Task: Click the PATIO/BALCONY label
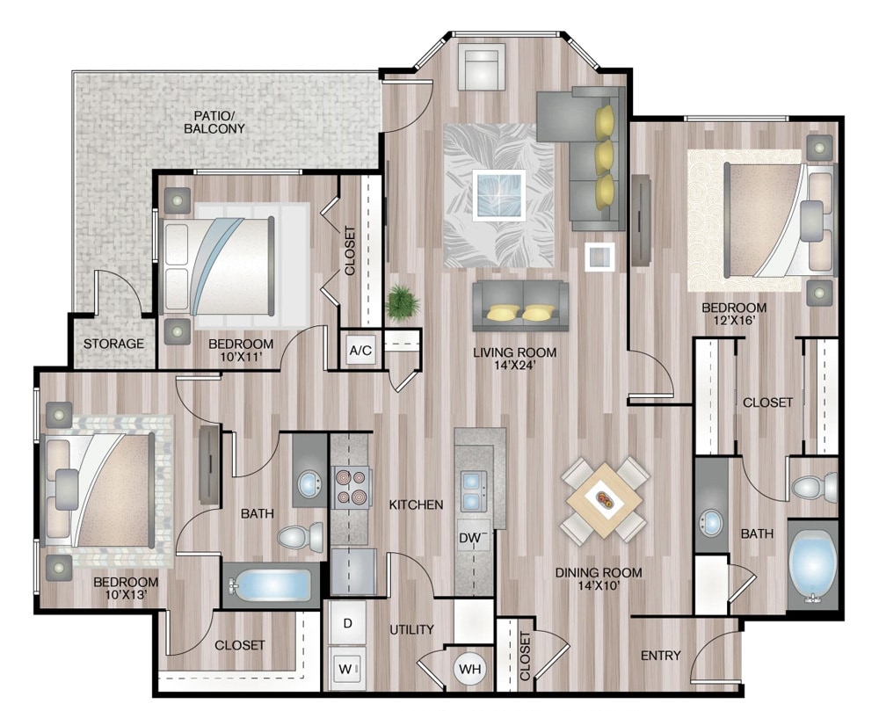tap(214, 122)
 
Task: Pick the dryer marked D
tap(347, 623)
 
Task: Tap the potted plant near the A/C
tap(403, 302)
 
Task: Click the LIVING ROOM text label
tap(515, 352)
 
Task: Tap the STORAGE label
tap(113, 343)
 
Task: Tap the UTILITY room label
tap(411, 629)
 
